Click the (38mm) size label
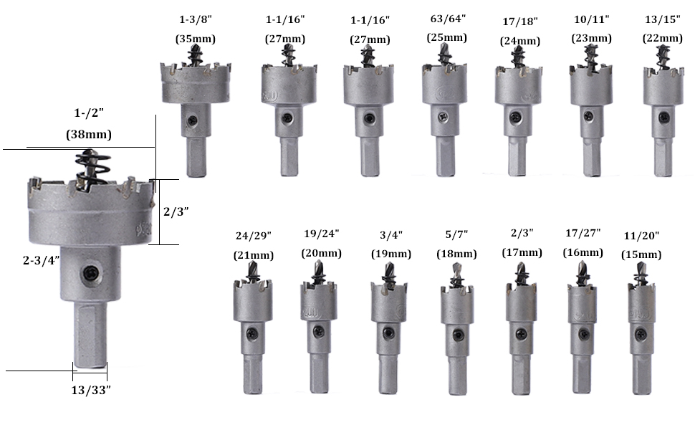coord(89,134)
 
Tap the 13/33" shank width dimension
coord(91,390)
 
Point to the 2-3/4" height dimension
coord(42,260)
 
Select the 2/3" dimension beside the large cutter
coord(176,211)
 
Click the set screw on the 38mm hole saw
coord(90,274)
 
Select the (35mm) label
coord(196,39)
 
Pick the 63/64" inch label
coord(448,19)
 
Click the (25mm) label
coord(447,37)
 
